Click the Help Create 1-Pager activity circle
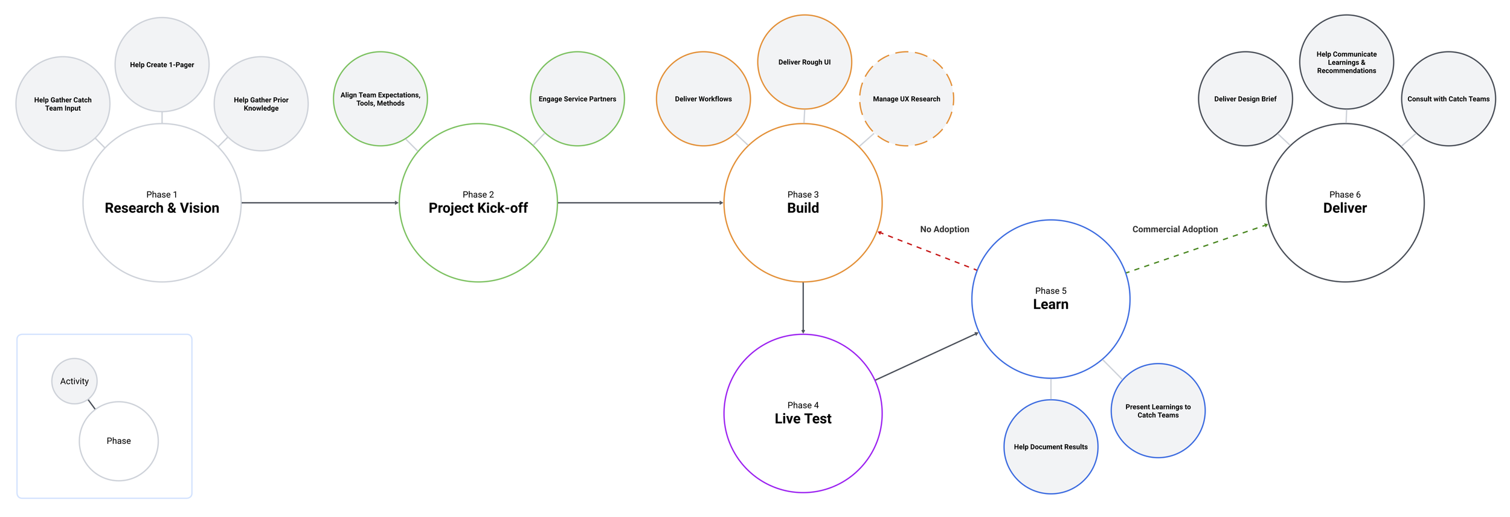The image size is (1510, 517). point(162,65)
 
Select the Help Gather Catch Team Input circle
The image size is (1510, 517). point(63,104)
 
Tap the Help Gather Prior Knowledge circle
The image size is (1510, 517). point(261,104)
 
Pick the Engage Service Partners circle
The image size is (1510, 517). point(577,99)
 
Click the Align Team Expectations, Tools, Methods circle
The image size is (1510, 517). point(381,99)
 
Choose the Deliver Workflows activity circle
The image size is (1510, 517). point(703,99)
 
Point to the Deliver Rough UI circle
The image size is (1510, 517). point(805,62)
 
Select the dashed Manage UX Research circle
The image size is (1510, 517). point(906,99)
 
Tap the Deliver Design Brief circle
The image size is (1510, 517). point(1245,99)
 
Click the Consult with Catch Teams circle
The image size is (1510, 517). point(1448,99)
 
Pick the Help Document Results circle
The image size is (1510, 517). point(1051,447)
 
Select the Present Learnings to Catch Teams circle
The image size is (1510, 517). point(1158,411)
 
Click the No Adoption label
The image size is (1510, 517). point(945,229)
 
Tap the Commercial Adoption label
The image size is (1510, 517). point(1175,229)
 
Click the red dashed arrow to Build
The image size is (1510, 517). point(927,251)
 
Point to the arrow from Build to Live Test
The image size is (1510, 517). point(803,308)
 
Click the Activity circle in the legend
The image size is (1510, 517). point(74,381)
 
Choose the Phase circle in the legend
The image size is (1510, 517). point(119,441)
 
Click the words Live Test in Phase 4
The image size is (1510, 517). point(803,418)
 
